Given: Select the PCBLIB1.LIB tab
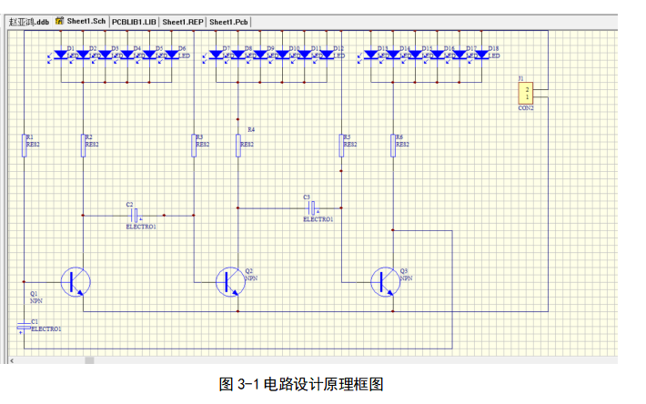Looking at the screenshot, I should pos(135,21).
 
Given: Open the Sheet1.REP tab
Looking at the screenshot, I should pos(183,21).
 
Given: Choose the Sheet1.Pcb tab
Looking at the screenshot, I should pos(229,21).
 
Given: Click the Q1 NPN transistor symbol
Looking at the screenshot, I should pos(76,281).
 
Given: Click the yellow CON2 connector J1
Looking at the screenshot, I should pos(525,93).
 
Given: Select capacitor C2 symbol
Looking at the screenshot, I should pos(135,215).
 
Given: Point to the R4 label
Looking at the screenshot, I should pos(251,130).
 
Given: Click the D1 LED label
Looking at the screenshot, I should pos(70,47).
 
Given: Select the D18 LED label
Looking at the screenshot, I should pos(493,47).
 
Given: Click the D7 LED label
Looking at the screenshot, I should pos(226,47).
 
